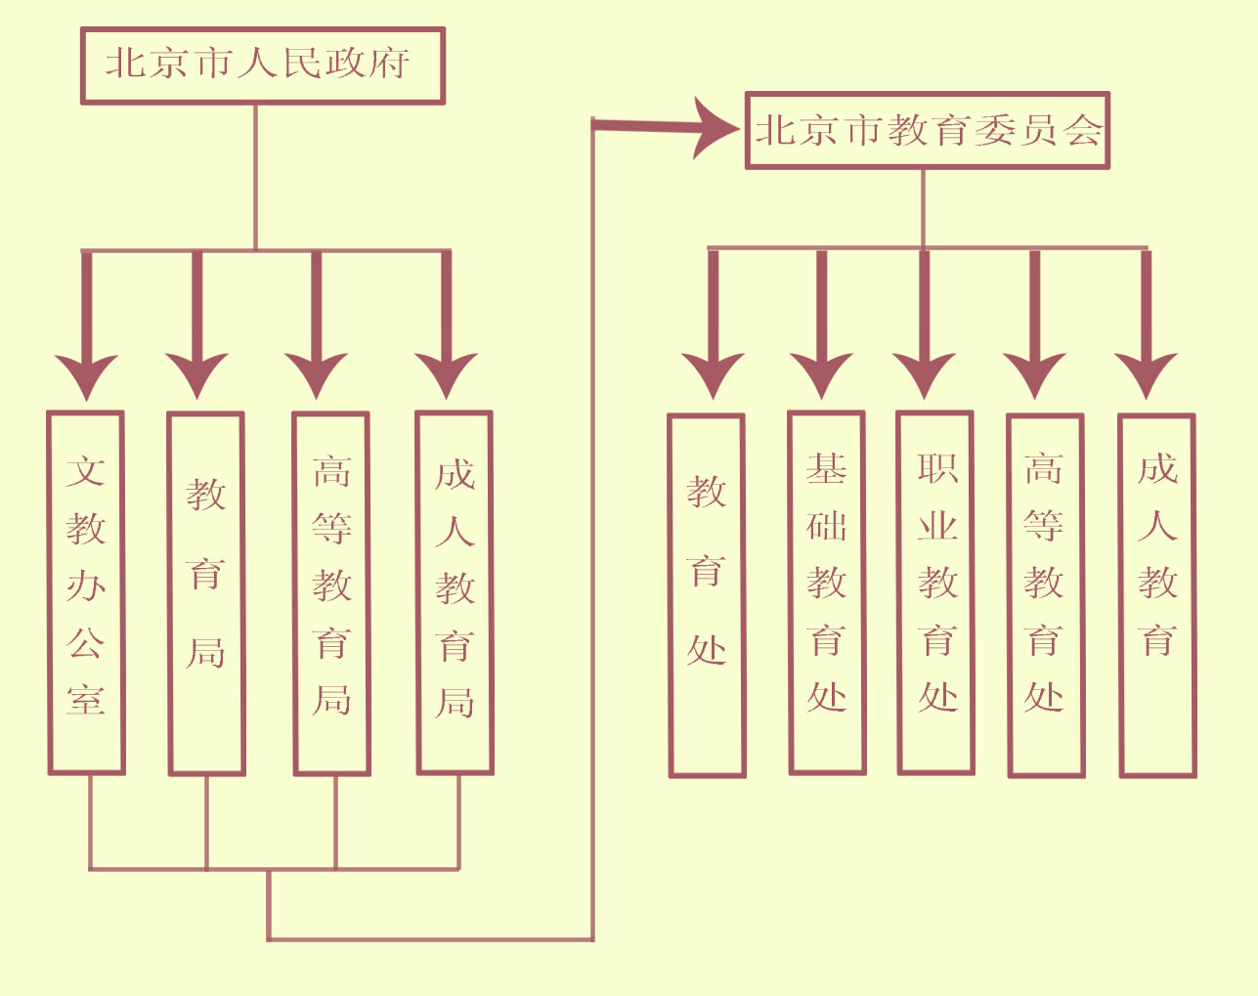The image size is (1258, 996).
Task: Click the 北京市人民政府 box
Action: click(262, 65)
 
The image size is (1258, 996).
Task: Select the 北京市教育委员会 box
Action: click(927, 131)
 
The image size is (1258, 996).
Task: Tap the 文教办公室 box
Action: click(87, 592)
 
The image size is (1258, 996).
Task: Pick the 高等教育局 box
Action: click(331, 592)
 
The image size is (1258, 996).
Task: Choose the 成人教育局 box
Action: click(455, 592)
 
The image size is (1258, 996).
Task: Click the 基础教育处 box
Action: click(827, 592)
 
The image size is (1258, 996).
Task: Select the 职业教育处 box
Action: click(936, 592)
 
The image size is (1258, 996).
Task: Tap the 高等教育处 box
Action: click(1045, 594)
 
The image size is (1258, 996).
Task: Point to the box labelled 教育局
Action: click(206, 593)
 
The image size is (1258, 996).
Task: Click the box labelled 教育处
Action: click(707, 595)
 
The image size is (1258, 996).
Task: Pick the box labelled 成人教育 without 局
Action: click(1157, 594)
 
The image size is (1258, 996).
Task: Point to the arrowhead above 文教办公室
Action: click(87, 376)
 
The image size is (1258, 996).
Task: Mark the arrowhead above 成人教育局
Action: click(447, 375)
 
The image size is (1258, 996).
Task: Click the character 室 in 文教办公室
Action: click(86, 700)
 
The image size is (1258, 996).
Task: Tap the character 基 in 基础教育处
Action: click(826, 470)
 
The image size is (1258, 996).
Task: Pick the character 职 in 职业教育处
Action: click(937, 468)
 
